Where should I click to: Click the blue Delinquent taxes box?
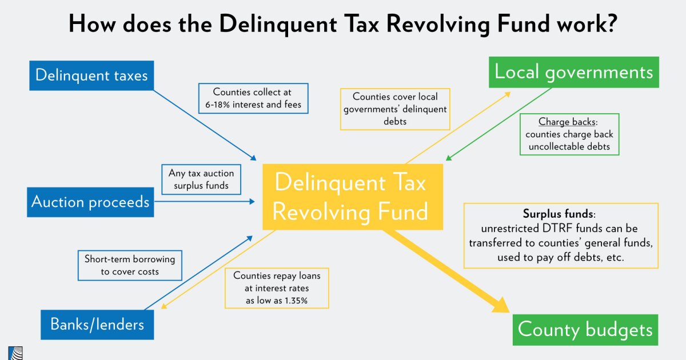[x=91, y=75]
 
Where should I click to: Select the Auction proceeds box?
[x=90, y=202]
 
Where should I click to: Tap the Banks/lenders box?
[x=97, y=325]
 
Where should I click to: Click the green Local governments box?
[x=573, y=72]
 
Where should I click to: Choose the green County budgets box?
[x=585, y=330]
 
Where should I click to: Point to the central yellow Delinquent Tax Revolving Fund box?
[x=352, y=197]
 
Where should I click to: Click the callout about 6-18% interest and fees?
[x=252, y=98]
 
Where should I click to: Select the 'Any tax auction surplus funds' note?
[x=201, y=179]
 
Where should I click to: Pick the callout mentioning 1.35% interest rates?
[x=277, y=288]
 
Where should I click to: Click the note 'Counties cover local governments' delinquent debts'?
[x=395, y=109]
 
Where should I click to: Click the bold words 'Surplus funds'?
[x=559, y=214]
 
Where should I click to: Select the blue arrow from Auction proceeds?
[x=206, y=201]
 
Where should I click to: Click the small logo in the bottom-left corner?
[x=15, y=353]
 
